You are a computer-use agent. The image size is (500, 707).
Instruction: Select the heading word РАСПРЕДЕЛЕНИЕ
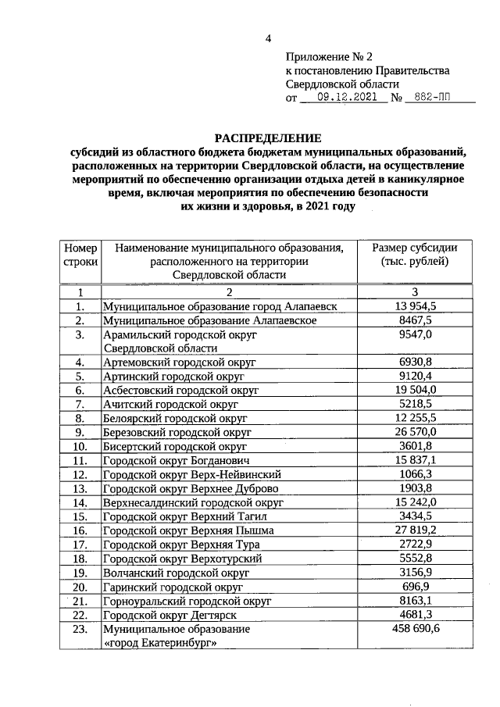click(268, 138)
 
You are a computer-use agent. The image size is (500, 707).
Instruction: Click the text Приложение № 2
click(330, 57)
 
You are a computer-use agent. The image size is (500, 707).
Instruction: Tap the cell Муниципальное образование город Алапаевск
click(220, 307)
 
